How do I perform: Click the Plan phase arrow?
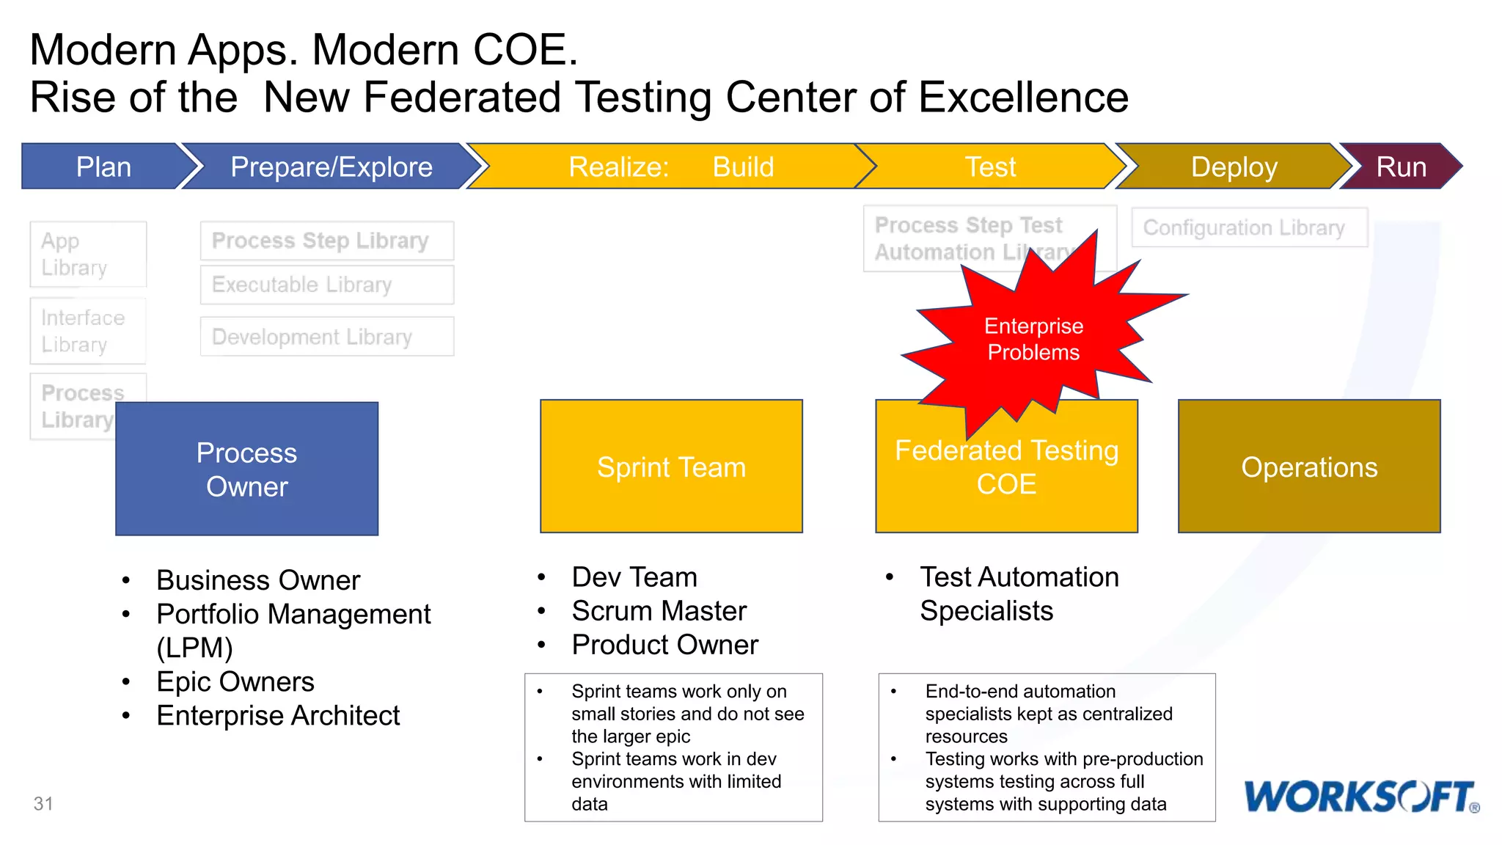coord(103,167)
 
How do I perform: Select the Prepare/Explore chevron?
coord(331,167)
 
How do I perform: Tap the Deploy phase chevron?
coord(1234,167)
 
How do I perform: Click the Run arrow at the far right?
coord(1401,167)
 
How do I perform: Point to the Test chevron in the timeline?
coord(990,167)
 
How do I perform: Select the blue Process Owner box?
coord(246,469)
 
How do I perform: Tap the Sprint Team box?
coord(671,467)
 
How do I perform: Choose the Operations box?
coord(1309,467)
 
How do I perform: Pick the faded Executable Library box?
coord(327,285)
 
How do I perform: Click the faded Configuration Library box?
coord(1249,227)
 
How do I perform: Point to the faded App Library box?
coord(88,254)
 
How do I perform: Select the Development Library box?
coord(327,337)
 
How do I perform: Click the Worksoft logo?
coord(1361,797)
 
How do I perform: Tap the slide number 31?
coord(43,804)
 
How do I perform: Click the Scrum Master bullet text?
coord(659,611)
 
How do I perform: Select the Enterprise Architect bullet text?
coord(278,716)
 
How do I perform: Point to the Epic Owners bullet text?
coord(235,682)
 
